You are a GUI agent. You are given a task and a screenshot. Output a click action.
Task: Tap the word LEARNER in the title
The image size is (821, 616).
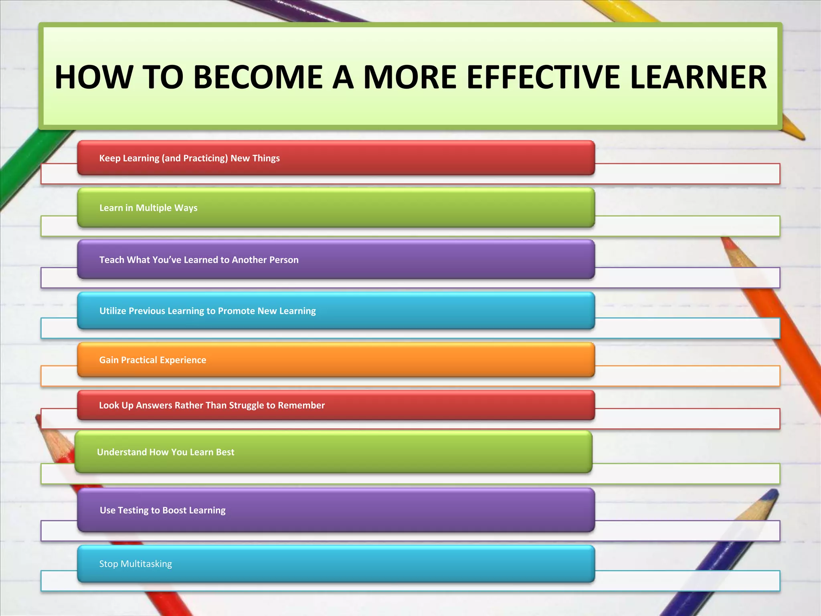click(698, 77)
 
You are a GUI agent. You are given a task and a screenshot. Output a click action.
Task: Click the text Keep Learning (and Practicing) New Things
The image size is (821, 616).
click(189, 158)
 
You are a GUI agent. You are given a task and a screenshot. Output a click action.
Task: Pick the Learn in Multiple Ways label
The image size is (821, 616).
click(148, 208)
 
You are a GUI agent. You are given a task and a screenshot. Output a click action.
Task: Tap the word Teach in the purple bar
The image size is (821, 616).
click(112, 260)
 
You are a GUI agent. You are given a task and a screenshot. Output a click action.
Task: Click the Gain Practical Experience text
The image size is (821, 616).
click(152, 360)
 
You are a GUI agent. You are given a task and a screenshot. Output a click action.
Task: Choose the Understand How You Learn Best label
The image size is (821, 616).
click(165, 452)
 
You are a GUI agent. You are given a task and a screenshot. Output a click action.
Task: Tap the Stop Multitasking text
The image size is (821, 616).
click(135, 563)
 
